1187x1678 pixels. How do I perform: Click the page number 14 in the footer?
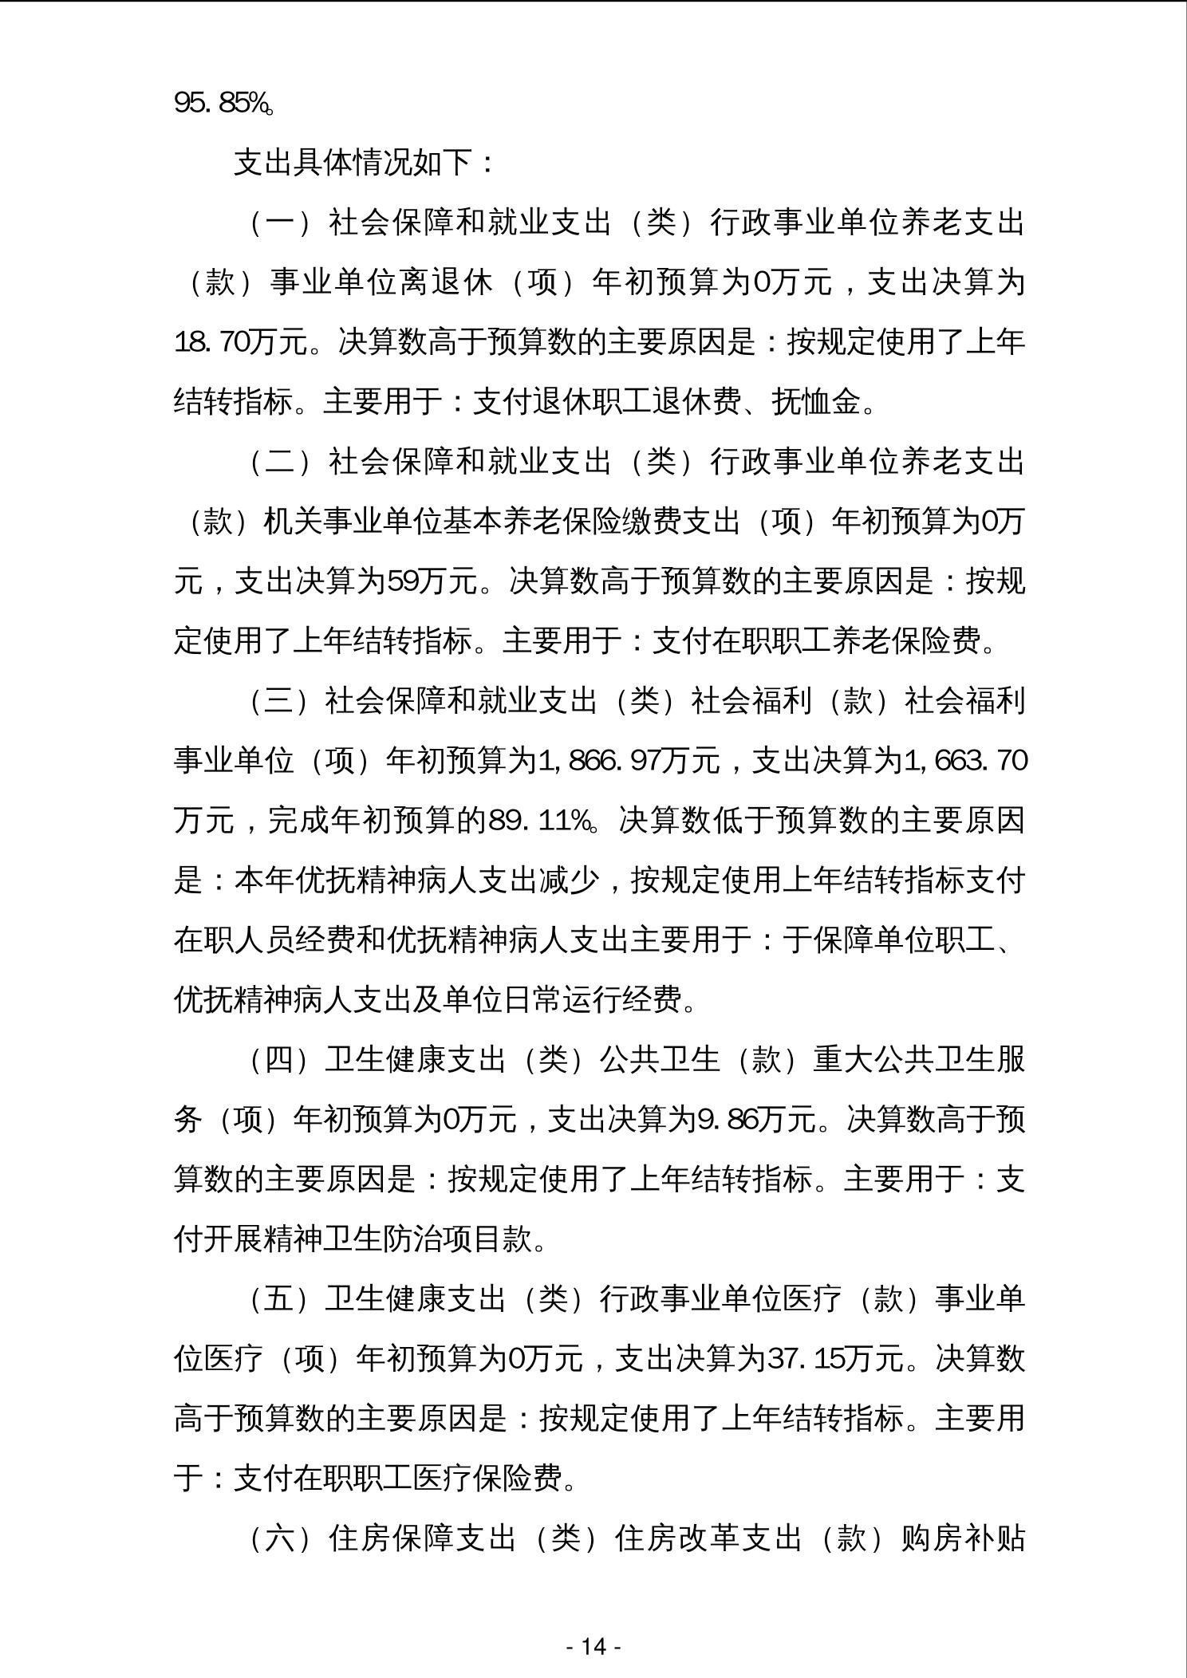click(593, 1646)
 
